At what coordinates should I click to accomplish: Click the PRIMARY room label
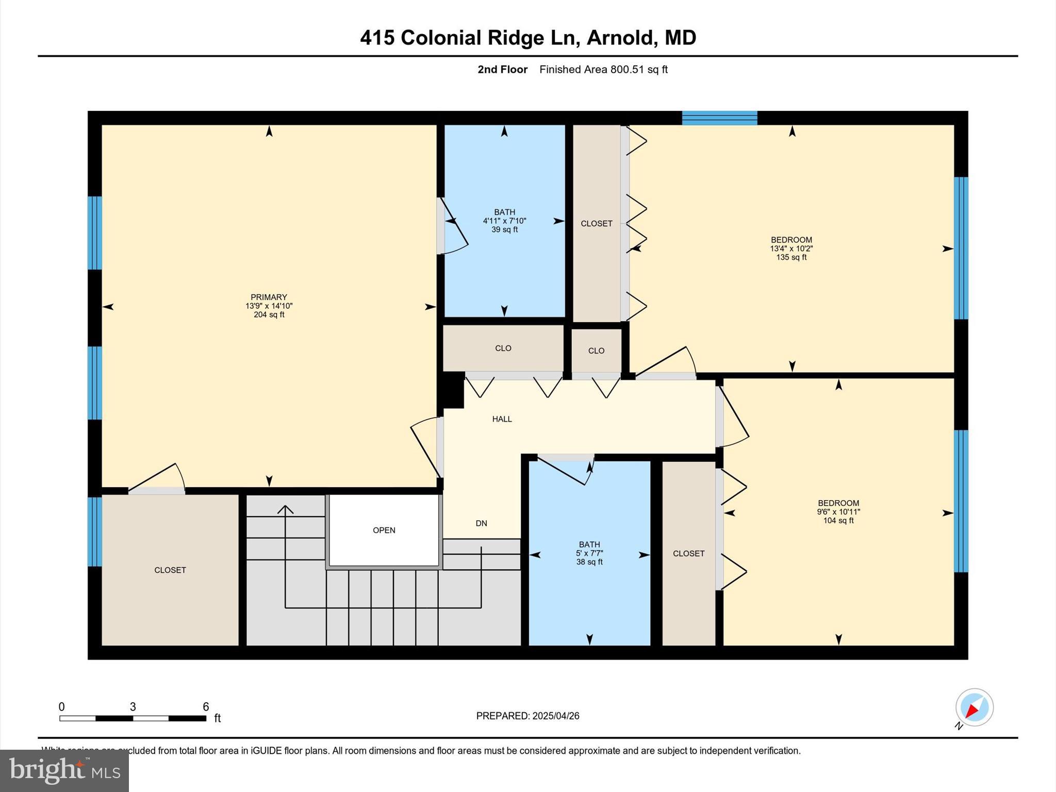(x=269, y=297)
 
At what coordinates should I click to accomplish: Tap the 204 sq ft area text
(x=269, y=315)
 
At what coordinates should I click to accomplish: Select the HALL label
(x=502, y=419)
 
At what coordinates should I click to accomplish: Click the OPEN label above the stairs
(x=384, y=530)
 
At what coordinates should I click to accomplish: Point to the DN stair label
(x=481, y=523)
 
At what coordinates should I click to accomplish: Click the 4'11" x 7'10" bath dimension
(x=504, y=221)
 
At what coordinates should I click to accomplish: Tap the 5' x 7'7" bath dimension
(x=589, y=553)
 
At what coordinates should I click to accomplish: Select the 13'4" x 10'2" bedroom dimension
(x=791, y=249)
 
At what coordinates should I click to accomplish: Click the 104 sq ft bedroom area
(x=838, y=521)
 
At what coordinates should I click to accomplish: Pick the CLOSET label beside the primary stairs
(x=170, y=570)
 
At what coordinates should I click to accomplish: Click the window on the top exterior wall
(x=719, y=118)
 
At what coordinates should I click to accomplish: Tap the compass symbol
(x=974, y=707)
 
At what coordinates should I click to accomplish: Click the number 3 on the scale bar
(x=133, y=707)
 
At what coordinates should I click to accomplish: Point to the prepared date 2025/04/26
(x=556, y=716)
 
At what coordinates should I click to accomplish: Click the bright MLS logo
(x=64, y=770)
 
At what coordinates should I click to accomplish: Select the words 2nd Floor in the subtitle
(x=502, y=70)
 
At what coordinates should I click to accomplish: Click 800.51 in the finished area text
(x=628, y=70)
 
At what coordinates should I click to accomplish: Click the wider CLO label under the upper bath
(x=503, y=348)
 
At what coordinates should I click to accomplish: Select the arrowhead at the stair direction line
(x=285, y=509)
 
